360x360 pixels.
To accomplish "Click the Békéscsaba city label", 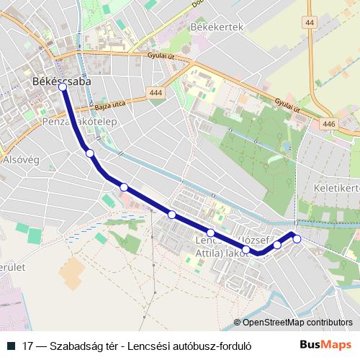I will tap(61, 82).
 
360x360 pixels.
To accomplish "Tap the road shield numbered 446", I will tap(329, 124).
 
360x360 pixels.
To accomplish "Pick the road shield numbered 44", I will tap(310, 24).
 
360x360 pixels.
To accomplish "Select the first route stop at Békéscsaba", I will tap(63, 86).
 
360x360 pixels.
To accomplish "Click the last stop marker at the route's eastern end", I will tap(297, 239).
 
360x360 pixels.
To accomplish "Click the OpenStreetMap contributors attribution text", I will tap(297, 323).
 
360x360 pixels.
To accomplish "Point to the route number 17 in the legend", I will tap(27, 345).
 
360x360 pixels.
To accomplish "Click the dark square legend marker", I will tap(11, 345).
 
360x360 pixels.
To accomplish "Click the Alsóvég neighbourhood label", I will tap(20, 159).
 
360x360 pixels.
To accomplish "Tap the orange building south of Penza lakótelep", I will tap(71, 274).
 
